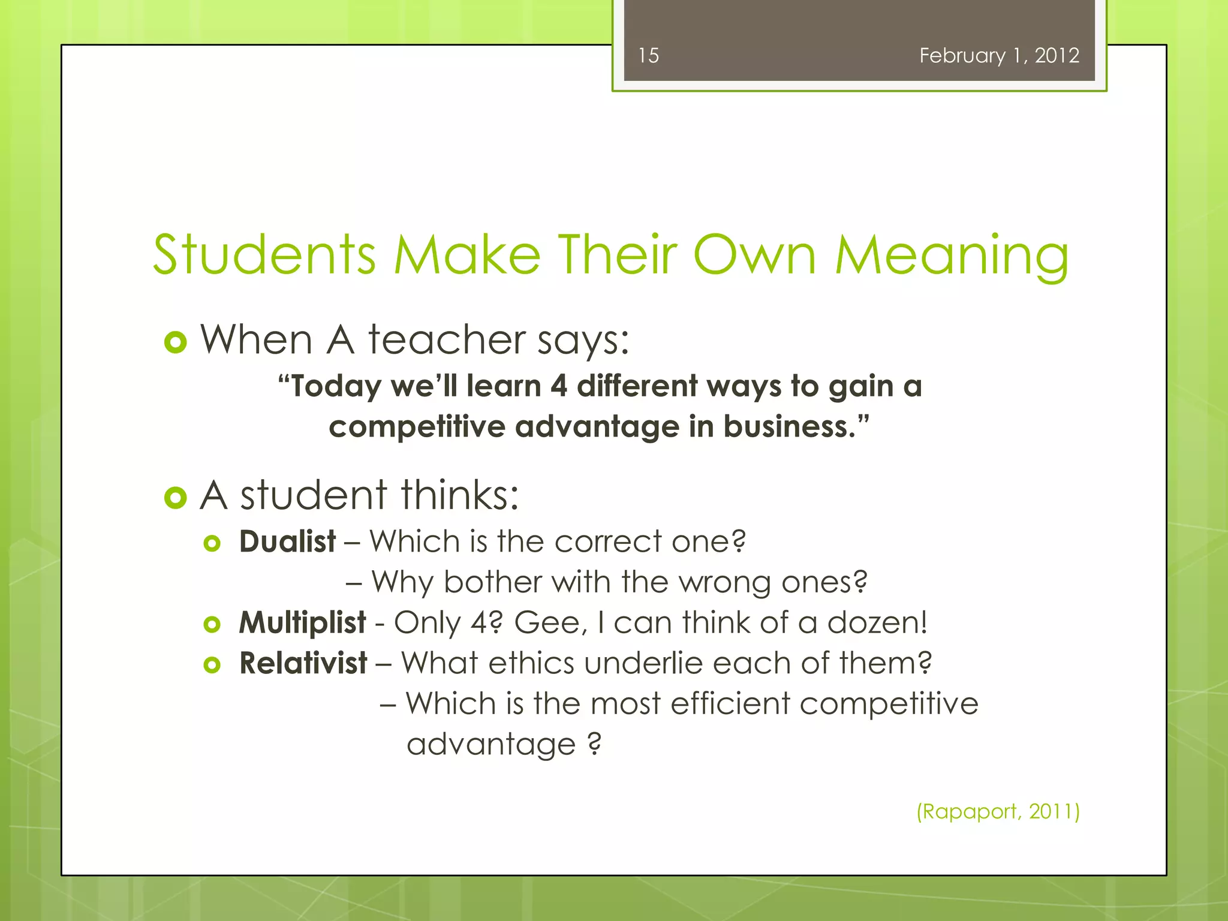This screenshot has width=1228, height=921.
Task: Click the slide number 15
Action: coord(648,56)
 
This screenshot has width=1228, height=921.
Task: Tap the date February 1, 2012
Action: coord(999,56)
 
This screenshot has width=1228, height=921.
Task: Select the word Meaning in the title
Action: coord(952,256)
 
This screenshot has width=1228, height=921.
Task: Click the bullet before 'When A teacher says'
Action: coord(175,342)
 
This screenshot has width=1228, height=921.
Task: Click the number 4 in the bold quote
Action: coord(558,386)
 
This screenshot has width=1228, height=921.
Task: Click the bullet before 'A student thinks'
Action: coord(175,498)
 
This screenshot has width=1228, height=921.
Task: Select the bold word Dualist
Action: coord(287,541)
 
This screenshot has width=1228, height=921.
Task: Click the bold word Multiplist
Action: coord(302,622)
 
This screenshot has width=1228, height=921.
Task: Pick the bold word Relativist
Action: coord(303,663)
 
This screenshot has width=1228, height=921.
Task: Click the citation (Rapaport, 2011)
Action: coord(998,811)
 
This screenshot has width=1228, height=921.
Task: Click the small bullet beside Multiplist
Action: coord(212,624)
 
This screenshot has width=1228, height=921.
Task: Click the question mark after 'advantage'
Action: coord(594,744)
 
